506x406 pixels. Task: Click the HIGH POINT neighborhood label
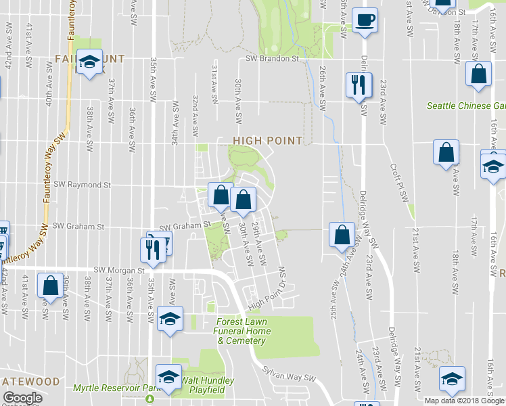click(x=267, y=140)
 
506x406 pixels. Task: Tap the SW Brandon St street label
click(x=272, y=59)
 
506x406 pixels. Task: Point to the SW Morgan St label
click(x=120, y=270)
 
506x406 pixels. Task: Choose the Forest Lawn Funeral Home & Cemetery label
click(x=244, y=331)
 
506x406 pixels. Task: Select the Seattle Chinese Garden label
click(x=466, y=106)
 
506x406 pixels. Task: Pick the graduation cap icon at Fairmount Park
click(x=89, y=63)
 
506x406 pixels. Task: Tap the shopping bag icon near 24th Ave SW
click(x=342, y=235)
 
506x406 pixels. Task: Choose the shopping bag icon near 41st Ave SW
click(x=50, y=286)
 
